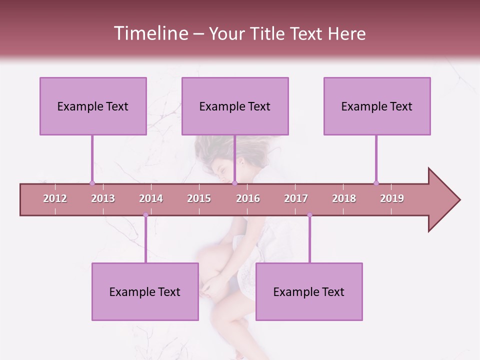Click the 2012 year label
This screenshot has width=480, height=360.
click(x=55, y=198)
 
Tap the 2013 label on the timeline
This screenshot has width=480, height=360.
click(x=103, y=198)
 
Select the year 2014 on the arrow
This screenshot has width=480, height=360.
click(x=151, y=198)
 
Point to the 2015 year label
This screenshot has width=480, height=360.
click(x=199, y=198)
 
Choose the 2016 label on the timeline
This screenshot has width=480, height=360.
click(x=248, y=198)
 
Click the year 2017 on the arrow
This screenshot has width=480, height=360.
click(x=296, y=198)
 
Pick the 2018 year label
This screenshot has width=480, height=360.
click(x=344, y=198)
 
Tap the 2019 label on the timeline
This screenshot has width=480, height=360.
click(x=392, y=198)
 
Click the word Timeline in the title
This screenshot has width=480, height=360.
click(x=150, y=33)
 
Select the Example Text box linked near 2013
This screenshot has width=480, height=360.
click(x=93, y=106)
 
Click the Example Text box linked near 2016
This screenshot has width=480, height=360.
click(x=235, y=106)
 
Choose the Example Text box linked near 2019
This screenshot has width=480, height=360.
click(x=377, y=106)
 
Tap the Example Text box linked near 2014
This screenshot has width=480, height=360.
click(x=145, y=291)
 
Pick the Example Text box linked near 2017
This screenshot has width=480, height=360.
click(x=309, y=291)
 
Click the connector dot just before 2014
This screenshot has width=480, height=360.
click(x=145, y=215)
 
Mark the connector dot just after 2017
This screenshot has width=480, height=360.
click(x=309, y=215)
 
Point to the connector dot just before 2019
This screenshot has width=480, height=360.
click(x=376, y=183)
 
